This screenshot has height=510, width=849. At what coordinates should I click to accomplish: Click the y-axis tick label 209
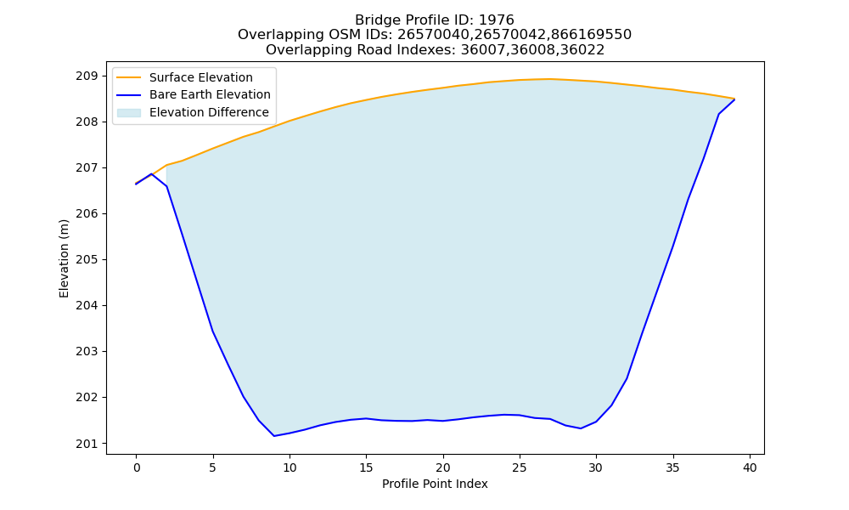pos(87,76)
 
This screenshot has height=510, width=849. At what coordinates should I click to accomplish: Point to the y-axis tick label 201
pos(87,444)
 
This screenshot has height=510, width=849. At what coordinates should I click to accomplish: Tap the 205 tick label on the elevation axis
pos(87,259)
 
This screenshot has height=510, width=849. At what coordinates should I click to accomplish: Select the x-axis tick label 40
pos(750,467)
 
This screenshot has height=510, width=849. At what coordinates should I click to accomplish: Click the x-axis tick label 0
pos(136,467)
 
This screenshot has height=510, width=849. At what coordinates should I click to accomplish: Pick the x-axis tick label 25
pos(520,467)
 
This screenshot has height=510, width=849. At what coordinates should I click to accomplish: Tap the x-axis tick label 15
pos(366,467)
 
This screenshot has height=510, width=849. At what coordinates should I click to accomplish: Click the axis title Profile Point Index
pos(435,484)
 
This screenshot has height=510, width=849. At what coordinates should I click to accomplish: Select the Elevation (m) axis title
pos(64,258)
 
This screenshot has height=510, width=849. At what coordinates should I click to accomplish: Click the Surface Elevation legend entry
pos(201,77)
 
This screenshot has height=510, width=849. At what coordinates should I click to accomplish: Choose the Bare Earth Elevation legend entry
pos(210,95)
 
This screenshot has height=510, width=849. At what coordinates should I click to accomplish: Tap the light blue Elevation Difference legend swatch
pos(129,113)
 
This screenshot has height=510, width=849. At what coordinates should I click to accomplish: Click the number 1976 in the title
pos(497,20)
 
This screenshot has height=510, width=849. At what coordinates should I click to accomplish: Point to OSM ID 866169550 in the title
pos(591,35)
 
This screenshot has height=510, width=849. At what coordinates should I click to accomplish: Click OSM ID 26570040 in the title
pos(431,35)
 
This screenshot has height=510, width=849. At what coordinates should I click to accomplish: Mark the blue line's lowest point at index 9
pos(274,436)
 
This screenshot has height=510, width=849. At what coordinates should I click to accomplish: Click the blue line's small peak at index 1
pos(151,174)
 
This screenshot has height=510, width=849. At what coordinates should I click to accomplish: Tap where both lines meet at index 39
pos(734,99)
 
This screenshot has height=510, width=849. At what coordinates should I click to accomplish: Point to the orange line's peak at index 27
pos(550,79)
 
